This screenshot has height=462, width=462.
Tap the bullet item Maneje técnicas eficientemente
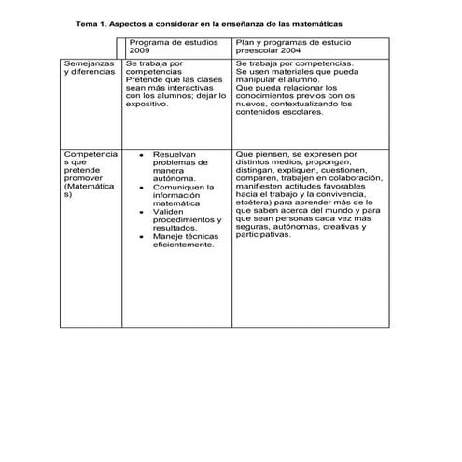coord(184,241)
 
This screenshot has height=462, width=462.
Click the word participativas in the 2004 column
coord(263,235)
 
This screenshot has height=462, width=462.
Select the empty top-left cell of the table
coord(91,47)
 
